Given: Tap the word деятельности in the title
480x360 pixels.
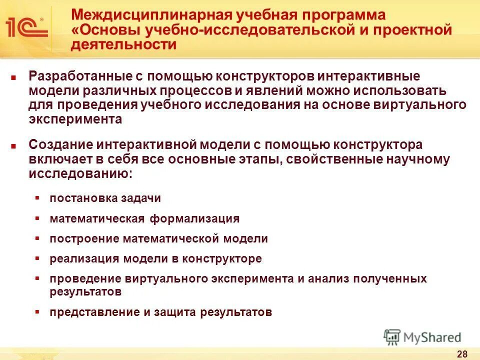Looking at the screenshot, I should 124,44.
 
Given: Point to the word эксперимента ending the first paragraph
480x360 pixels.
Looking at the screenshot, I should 75,119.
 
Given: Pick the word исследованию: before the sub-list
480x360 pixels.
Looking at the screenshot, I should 81,174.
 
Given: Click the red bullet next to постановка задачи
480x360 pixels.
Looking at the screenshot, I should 37,198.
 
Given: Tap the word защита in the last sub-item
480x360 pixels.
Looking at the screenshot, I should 176,312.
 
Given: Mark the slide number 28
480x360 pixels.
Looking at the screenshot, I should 462,354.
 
